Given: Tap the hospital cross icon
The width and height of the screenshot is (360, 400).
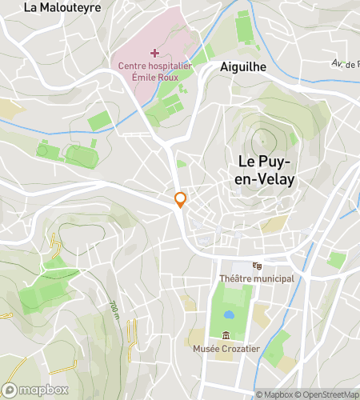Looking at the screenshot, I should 154,53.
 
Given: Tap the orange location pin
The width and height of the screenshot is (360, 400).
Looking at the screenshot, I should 181,200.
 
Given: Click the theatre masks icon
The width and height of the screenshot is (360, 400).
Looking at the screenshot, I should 257,266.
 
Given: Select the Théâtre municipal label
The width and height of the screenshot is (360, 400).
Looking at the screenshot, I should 257,278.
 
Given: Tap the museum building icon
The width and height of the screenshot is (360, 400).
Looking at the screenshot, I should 226,335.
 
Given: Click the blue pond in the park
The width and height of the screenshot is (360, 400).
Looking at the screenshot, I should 229,316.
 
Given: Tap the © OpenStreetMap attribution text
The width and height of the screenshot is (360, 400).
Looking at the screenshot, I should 328,394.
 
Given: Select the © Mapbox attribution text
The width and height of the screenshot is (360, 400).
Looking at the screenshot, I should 274,394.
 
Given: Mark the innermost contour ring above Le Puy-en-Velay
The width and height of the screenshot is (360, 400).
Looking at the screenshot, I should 262,142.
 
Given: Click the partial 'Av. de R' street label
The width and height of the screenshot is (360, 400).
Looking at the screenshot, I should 346,63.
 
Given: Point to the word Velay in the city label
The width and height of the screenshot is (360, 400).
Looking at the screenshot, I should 274,180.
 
